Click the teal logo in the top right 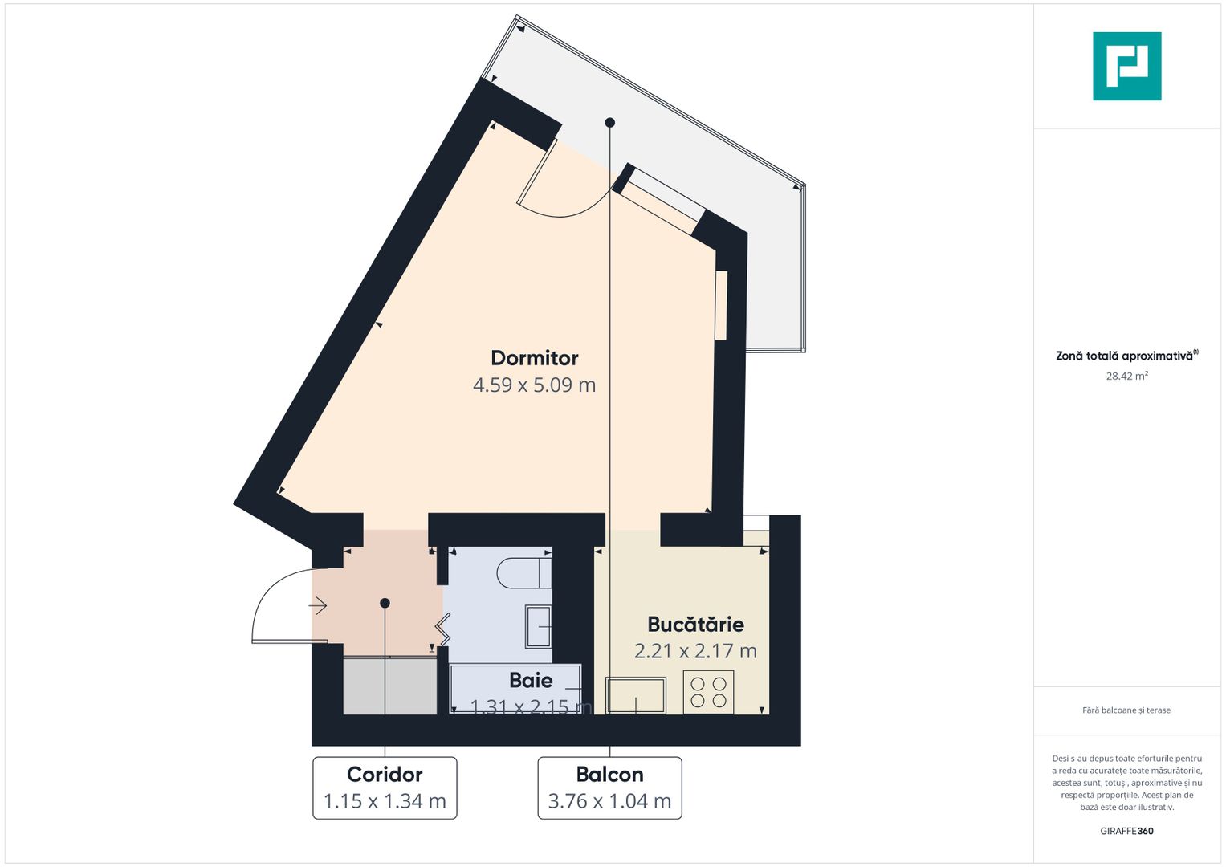click(1126, 66)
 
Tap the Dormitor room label click(534, 358)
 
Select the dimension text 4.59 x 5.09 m click(534, 385)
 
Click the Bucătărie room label click(695, 625)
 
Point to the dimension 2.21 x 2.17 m click(695, 651)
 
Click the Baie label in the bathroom click(531, 681)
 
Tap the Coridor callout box click(385, 788)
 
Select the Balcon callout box click(609, 788)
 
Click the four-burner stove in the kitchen click(708, 692)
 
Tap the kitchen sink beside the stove click(636, 695)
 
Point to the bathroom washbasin click(538, 626)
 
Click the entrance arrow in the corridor click(319, 606)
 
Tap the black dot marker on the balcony click(609, 123)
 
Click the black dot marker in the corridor click(385, 603)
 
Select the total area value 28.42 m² click(1126, 376)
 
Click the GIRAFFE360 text click(1126, 831)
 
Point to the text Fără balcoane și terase click(1126, 710)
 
